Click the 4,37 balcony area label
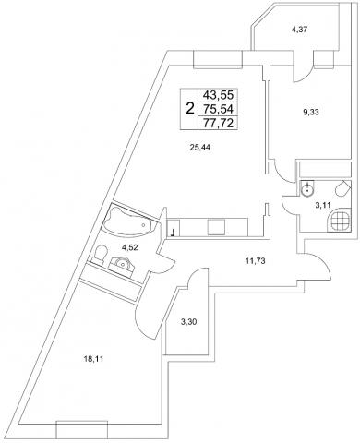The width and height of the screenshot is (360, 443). [299, 30]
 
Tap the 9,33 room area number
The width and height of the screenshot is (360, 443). [311, 113]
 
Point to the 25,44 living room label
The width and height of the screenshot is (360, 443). [200, 148]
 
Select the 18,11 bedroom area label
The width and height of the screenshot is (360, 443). [93, 358]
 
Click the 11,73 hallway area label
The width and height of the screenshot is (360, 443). [255, 261]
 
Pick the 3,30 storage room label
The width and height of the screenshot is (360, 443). [188, 322]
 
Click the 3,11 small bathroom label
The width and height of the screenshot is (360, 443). [323, 205]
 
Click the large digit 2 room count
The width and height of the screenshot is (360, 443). [190, 109]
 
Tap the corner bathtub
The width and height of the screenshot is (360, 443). [130, 220]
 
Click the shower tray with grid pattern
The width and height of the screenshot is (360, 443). [341, 220]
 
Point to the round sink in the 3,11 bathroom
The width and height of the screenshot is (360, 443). [306, 188]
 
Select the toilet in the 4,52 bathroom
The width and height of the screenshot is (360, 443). [99, 255]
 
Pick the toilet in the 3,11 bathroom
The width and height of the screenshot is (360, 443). [342, 189]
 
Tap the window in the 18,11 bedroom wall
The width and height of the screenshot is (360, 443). [82, 430]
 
